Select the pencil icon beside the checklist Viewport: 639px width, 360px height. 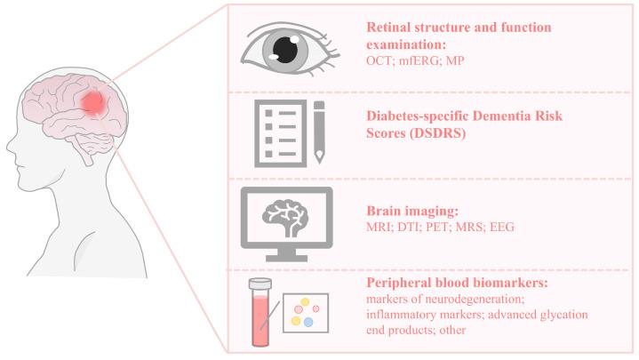click(x=318, y=134)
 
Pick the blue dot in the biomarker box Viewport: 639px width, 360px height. click(x=308, y=323)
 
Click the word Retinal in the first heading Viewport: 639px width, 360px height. click(x=390, y=27)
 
